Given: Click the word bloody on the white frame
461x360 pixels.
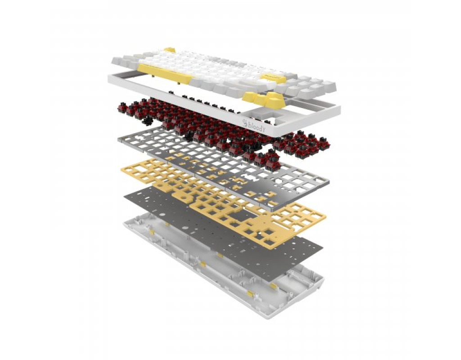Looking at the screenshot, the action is pyautogui.click(x=257, y=125).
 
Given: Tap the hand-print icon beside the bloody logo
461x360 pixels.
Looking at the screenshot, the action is pyautogui.click(x=245, y=122).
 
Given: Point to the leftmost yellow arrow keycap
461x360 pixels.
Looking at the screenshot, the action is pyautogui.click(x=249, y=97).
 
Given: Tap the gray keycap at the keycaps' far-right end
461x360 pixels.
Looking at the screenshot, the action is pyautogui.click(x=329, y=88).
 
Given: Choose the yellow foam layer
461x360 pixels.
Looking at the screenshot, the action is pyautogui.click(x=223, y=203).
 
